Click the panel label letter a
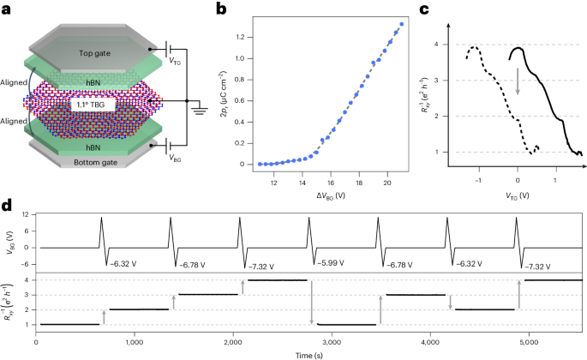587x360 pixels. pos(7,9)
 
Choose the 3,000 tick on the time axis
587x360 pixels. pos(332,342)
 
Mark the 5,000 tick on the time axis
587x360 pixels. pos(530,342)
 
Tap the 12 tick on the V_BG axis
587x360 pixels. pos(29,213)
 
